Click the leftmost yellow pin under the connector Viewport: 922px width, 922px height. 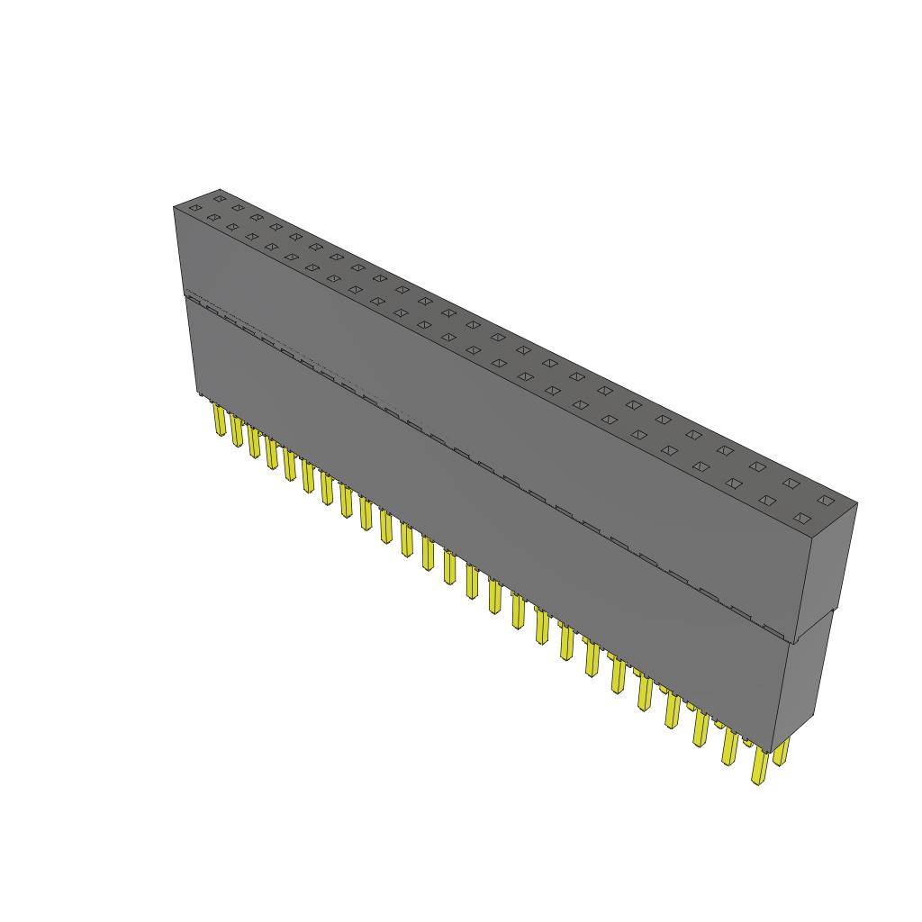tap(219, 421)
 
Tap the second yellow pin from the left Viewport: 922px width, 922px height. tap(237, 431)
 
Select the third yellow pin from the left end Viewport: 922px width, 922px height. tap(254, 443)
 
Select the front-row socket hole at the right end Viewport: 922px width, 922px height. tap(802, 518)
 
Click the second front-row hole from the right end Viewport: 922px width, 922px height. tap(767, 500)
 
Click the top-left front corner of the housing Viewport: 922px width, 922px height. tap(174, 208)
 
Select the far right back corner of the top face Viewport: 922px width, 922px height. tap(857, 503)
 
